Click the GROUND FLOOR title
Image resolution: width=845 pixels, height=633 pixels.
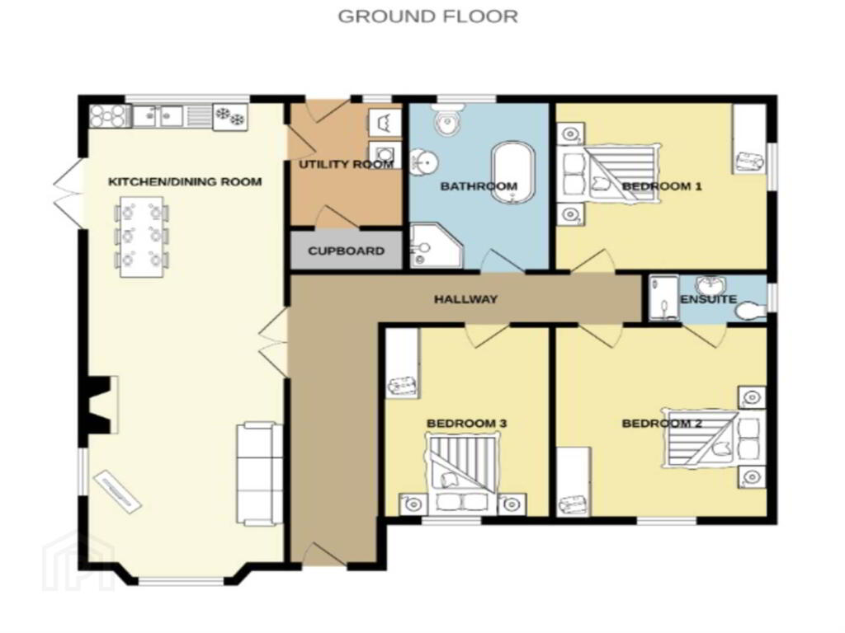(428, 16)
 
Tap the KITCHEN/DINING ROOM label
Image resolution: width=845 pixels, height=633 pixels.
(185, 181)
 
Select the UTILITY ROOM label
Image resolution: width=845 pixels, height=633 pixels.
(346, 164)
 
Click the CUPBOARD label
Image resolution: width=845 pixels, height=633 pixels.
(346, 251)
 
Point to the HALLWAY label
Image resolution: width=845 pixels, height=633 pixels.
(465, 298)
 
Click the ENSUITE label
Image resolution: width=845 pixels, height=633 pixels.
(708, 298)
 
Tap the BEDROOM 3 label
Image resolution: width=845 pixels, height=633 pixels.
(467, 424)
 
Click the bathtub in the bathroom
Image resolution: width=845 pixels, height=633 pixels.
(513, 173)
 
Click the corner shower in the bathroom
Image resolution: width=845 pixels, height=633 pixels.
(436, 246)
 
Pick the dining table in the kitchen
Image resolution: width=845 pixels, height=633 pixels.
(142, 237)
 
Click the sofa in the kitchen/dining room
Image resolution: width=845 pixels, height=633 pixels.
(260, 474)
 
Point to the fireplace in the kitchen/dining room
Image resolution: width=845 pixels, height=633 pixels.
(101, 404)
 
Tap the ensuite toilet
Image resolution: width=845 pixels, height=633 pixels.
(751, 311)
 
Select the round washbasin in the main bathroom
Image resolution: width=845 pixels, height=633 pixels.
(425, 162)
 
